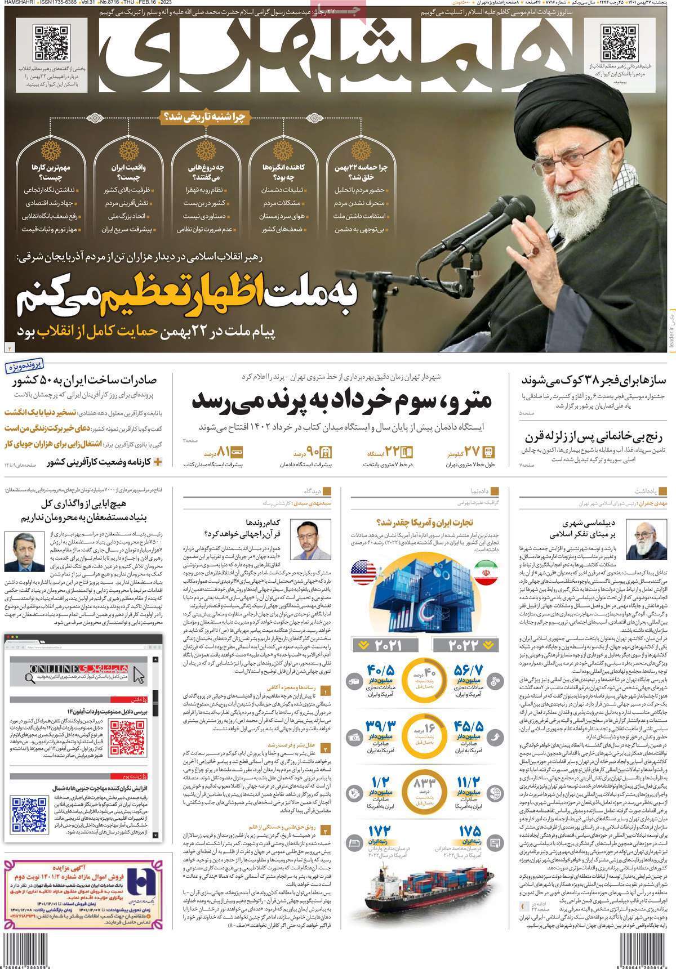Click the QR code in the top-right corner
[x=619, y=43]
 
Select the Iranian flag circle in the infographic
[x=486, y=573]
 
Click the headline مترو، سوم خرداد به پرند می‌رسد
[x=341, y=400]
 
